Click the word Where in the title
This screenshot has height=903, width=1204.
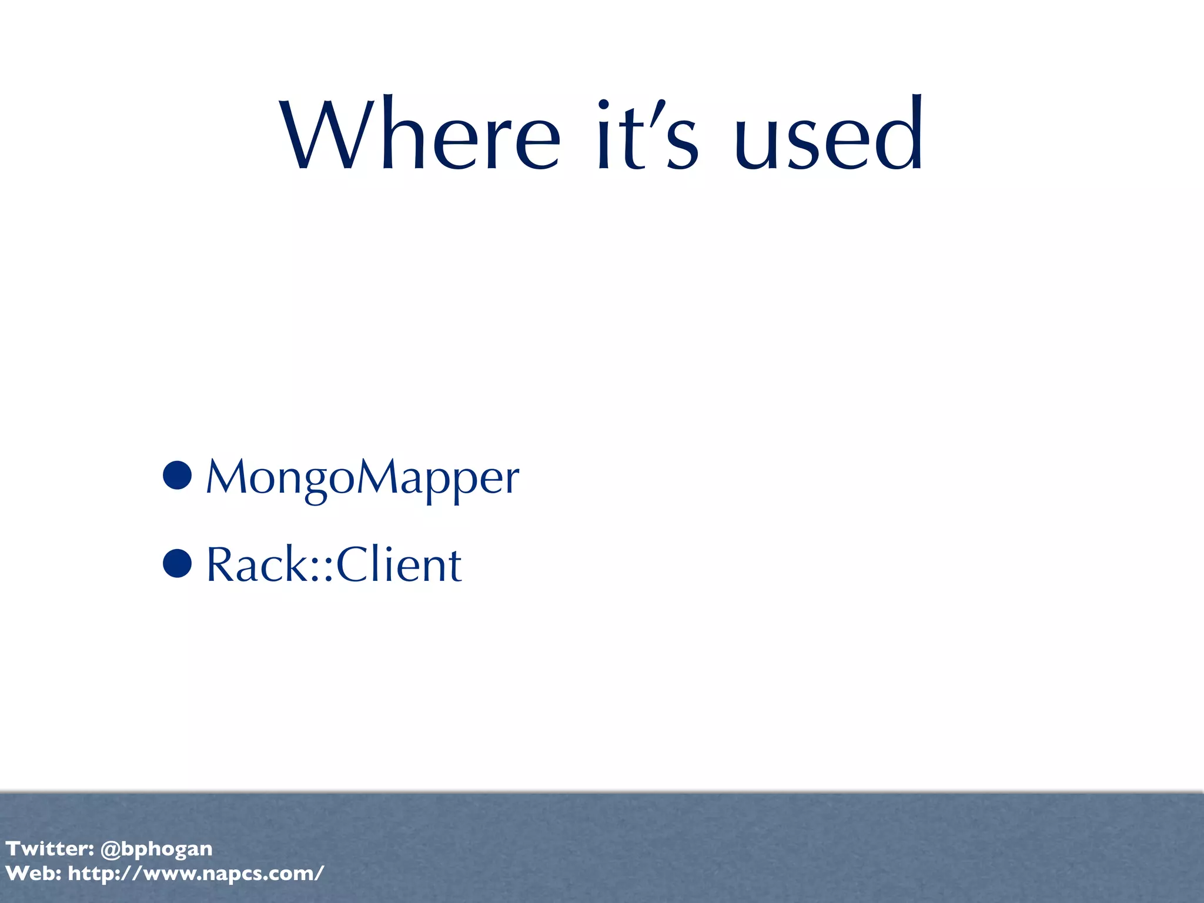point(420,135)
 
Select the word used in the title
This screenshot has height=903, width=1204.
point(829,135)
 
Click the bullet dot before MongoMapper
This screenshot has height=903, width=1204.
point(178,475)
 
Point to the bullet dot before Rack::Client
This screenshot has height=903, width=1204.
point(178,563)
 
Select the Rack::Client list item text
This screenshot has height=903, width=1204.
point(334,564)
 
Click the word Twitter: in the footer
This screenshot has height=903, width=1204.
point(50,848)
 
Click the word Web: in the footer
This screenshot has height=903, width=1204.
point(34,874)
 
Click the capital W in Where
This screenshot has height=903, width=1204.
point(329,135)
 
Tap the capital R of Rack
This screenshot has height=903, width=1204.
point(221,564)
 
